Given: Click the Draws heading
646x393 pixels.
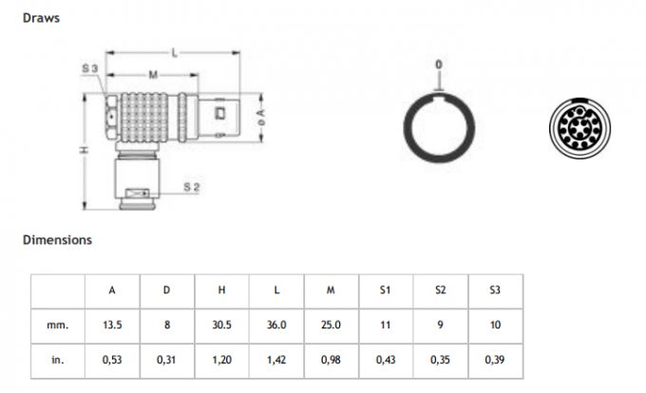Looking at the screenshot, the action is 41,18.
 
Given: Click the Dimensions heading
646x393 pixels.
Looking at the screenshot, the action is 57,240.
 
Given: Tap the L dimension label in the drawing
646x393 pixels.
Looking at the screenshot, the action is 175,52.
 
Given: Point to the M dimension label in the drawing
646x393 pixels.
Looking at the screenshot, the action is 153,75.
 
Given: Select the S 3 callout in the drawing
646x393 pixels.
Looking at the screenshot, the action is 90,68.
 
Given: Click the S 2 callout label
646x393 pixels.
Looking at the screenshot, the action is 191,187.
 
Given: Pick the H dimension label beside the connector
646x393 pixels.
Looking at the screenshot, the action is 84,150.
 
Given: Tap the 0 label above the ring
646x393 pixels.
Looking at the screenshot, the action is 439,65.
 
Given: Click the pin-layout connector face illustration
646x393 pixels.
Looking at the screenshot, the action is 579,128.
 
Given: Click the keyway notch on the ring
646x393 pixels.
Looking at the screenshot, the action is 439,99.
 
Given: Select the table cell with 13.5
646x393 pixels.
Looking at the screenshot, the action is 112,325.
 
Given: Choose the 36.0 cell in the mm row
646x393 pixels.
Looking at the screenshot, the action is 276,325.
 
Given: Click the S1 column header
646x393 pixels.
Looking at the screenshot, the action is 385,290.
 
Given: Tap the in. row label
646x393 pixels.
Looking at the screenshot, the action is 58,360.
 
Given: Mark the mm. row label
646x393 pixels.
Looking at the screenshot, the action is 58,325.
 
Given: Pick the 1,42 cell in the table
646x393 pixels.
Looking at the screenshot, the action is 276,360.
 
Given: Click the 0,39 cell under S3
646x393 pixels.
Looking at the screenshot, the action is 496,360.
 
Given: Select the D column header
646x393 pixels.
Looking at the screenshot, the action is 166,290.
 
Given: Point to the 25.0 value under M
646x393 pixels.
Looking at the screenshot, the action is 331,325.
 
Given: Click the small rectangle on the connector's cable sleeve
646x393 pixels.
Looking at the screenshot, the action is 137,193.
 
